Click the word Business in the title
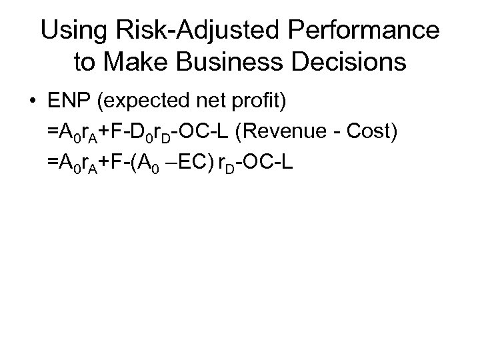226,62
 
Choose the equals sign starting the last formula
52,160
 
